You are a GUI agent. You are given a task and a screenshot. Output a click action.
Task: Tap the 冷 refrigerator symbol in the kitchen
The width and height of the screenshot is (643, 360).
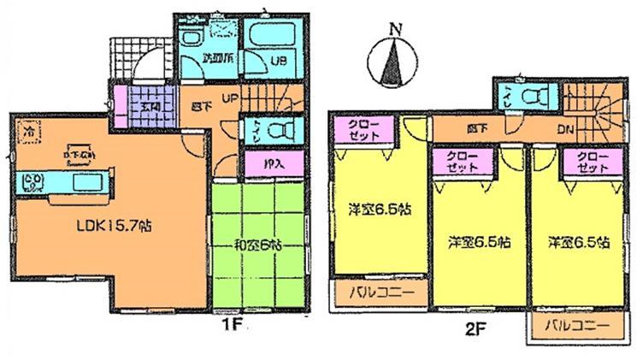click(x=28, y=133)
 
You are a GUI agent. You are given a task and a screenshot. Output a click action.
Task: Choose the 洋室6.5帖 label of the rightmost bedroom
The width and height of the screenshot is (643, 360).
click(x=580, y=241)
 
